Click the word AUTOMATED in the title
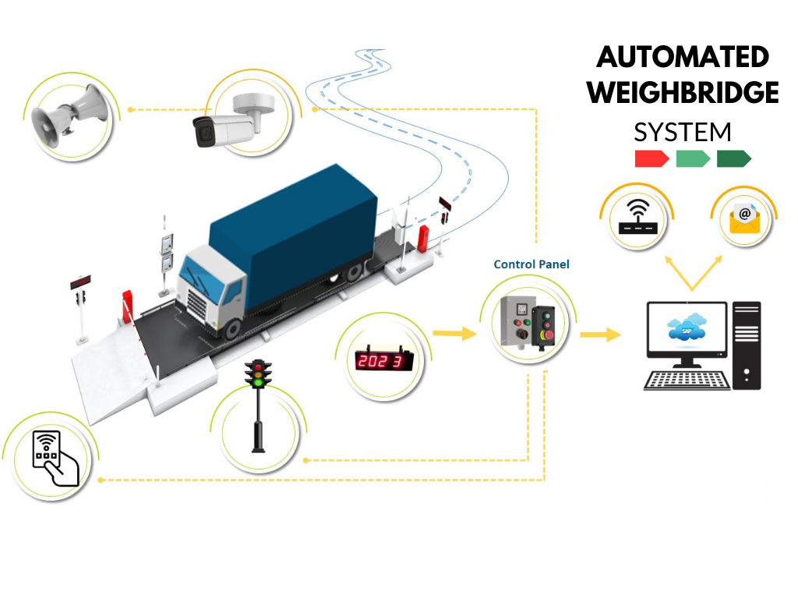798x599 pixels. pos(683,57)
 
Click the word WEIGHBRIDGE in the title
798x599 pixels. pos(683,93)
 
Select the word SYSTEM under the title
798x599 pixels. pos(683,131)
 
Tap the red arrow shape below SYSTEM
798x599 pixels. pos(651,159)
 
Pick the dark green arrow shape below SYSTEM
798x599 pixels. pos(733,159)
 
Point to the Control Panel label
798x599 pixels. pos(531,264)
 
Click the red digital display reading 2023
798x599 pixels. pos(383,361)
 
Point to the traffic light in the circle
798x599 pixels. pos(258,402)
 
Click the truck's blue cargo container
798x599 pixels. pos(296,226)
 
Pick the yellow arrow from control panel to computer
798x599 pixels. pos(600,335)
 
